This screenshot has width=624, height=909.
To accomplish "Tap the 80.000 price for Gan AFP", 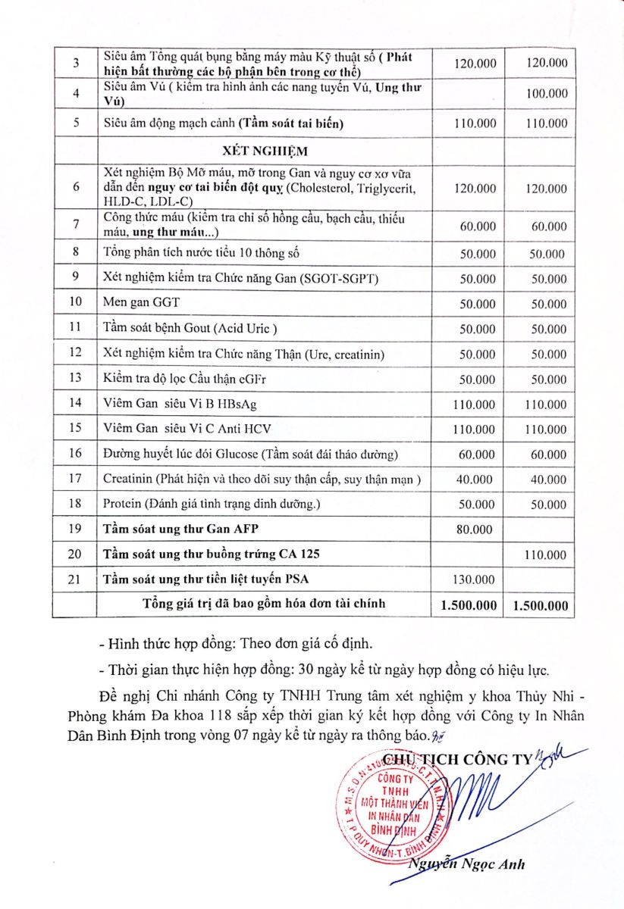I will (475, 529).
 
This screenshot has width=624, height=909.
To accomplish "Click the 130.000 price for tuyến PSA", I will (475, 579).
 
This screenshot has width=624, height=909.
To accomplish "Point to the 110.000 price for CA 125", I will (545, 554).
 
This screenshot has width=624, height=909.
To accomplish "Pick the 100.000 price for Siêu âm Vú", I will (545, 93).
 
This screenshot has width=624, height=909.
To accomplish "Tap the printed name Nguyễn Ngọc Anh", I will (468, 865).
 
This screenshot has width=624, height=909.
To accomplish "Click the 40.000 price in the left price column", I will (475, 479).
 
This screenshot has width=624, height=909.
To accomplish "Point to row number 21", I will (75, 579).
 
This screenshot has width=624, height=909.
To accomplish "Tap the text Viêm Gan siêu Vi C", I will (170, 428).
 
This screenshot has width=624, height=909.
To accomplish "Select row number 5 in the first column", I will (75, 123).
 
